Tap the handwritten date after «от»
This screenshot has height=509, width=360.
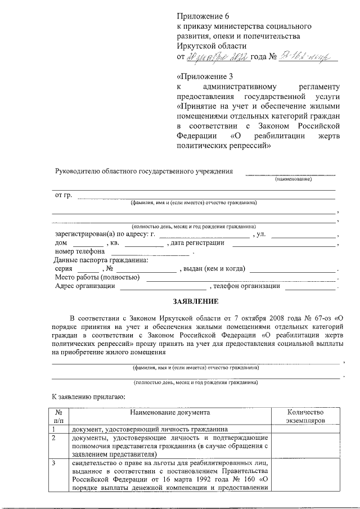tap(209, 57)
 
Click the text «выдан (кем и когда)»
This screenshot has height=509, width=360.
tap(213, 269)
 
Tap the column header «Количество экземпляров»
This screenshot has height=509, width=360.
tap(305, 417)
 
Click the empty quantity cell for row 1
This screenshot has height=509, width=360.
tap(305, 429)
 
